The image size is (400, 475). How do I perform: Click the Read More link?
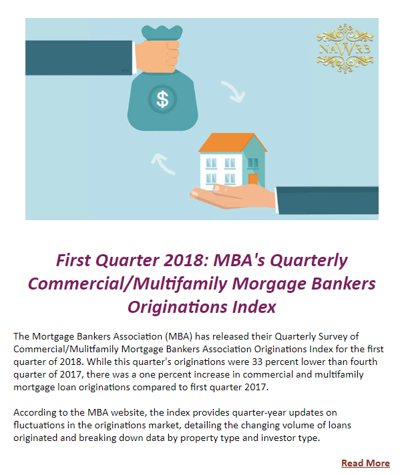point(365,463)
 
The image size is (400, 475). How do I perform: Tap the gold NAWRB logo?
point(345,49)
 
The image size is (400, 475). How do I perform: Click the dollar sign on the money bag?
point(162,99)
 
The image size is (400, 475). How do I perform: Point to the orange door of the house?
point(253,179)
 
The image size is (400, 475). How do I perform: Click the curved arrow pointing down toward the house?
point(234,91)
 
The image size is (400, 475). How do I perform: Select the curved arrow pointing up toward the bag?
point(163,164)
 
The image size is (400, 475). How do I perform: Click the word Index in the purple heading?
point(254,307)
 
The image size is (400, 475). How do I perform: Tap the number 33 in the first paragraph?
point(257,362)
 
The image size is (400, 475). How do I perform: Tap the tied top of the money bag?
point(162,33)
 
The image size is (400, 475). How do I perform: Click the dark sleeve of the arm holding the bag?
point(79,58)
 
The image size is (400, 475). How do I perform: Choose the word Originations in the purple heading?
point(178,307)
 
